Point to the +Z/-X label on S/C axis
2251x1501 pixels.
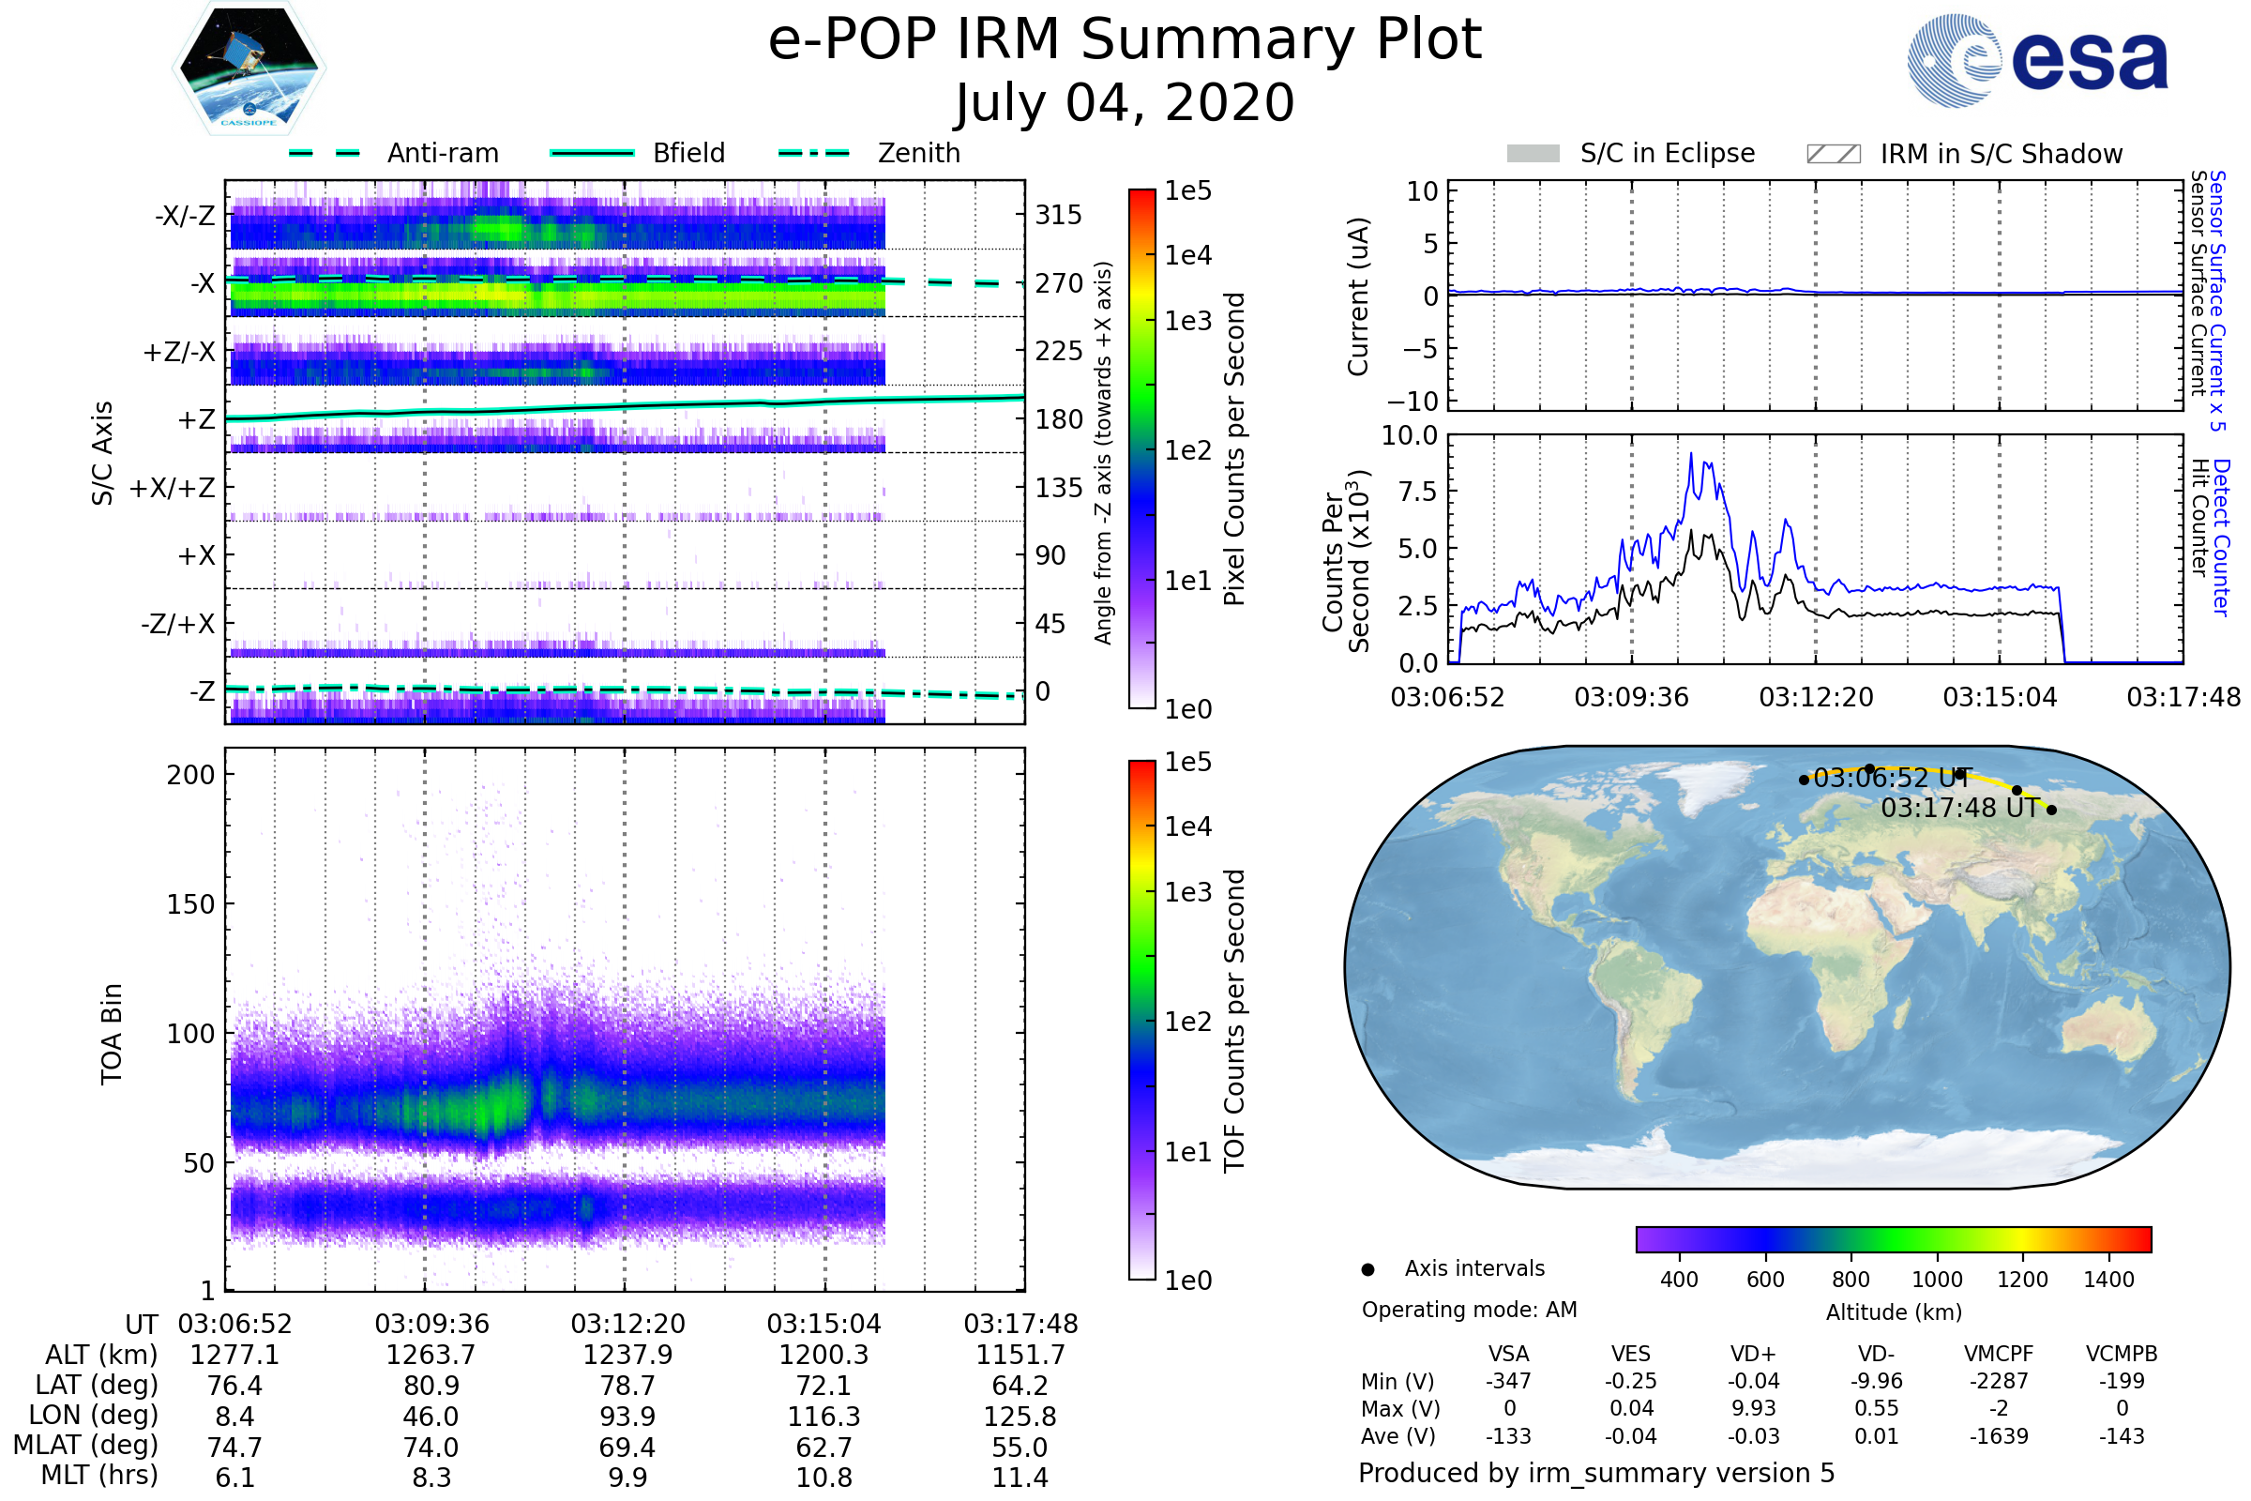click(179, 351)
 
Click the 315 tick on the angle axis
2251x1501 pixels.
click(1058, 215)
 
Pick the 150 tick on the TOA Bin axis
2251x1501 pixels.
click(190, 903)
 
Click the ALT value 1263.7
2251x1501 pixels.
click(431, 1355)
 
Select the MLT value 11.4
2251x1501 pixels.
click(1020, 1477)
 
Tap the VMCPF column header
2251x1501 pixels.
click(1998, 1354)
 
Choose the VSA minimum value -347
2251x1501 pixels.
click(1508, 1380)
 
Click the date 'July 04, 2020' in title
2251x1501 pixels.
click(1125, 102)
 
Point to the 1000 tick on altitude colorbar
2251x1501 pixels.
click(1936, 1279)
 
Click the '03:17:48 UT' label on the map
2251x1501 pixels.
click(1959, 808)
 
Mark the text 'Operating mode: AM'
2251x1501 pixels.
click(1468, 1309)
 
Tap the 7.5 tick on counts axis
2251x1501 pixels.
click(1420, 491)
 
